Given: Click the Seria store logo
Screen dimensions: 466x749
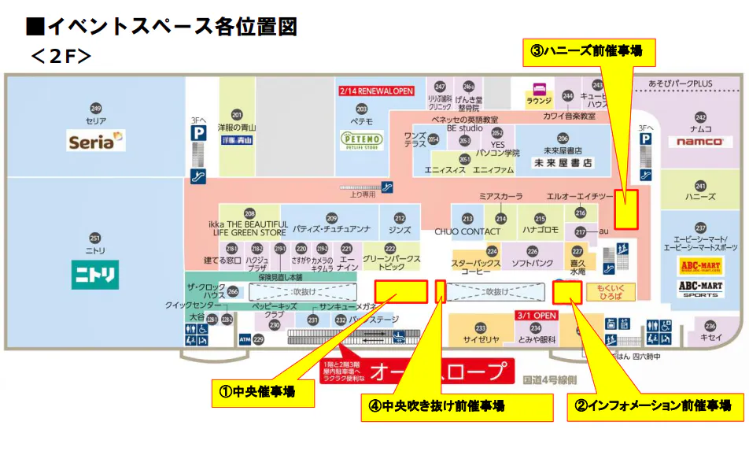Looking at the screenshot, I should tap(96, 141).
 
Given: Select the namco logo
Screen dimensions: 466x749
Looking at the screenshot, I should tap(699, 142).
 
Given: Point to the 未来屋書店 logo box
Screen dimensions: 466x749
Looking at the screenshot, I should tap(563, 163).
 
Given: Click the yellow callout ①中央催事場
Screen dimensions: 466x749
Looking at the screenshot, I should tap(263, 391).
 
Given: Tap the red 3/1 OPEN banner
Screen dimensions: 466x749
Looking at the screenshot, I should tap(536, 315).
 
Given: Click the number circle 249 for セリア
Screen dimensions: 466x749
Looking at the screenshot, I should tap(96, 109).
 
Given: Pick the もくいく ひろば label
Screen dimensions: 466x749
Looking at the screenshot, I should tap(611, 293).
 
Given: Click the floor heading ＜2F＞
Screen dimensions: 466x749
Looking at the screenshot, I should tap(61, 56).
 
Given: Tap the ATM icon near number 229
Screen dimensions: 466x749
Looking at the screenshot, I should tap(245, 339).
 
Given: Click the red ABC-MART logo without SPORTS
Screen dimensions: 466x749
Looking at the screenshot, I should tap(700, 266).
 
